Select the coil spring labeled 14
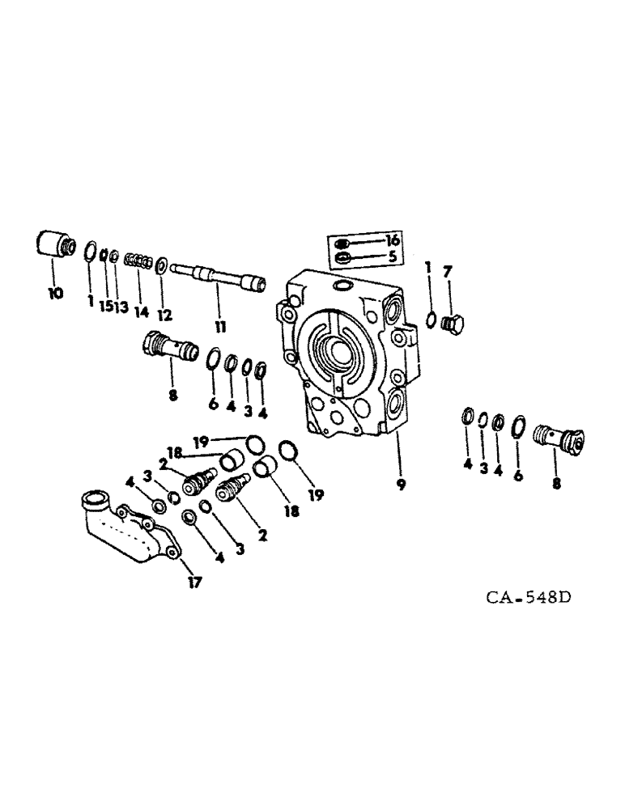[x=140, y=260]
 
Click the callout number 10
[x=54, y=294]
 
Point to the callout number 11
[x=220, y=327]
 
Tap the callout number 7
[x=446, y=269]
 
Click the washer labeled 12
[x=162, y=264]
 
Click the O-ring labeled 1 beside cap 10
[x=91, y=252]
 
